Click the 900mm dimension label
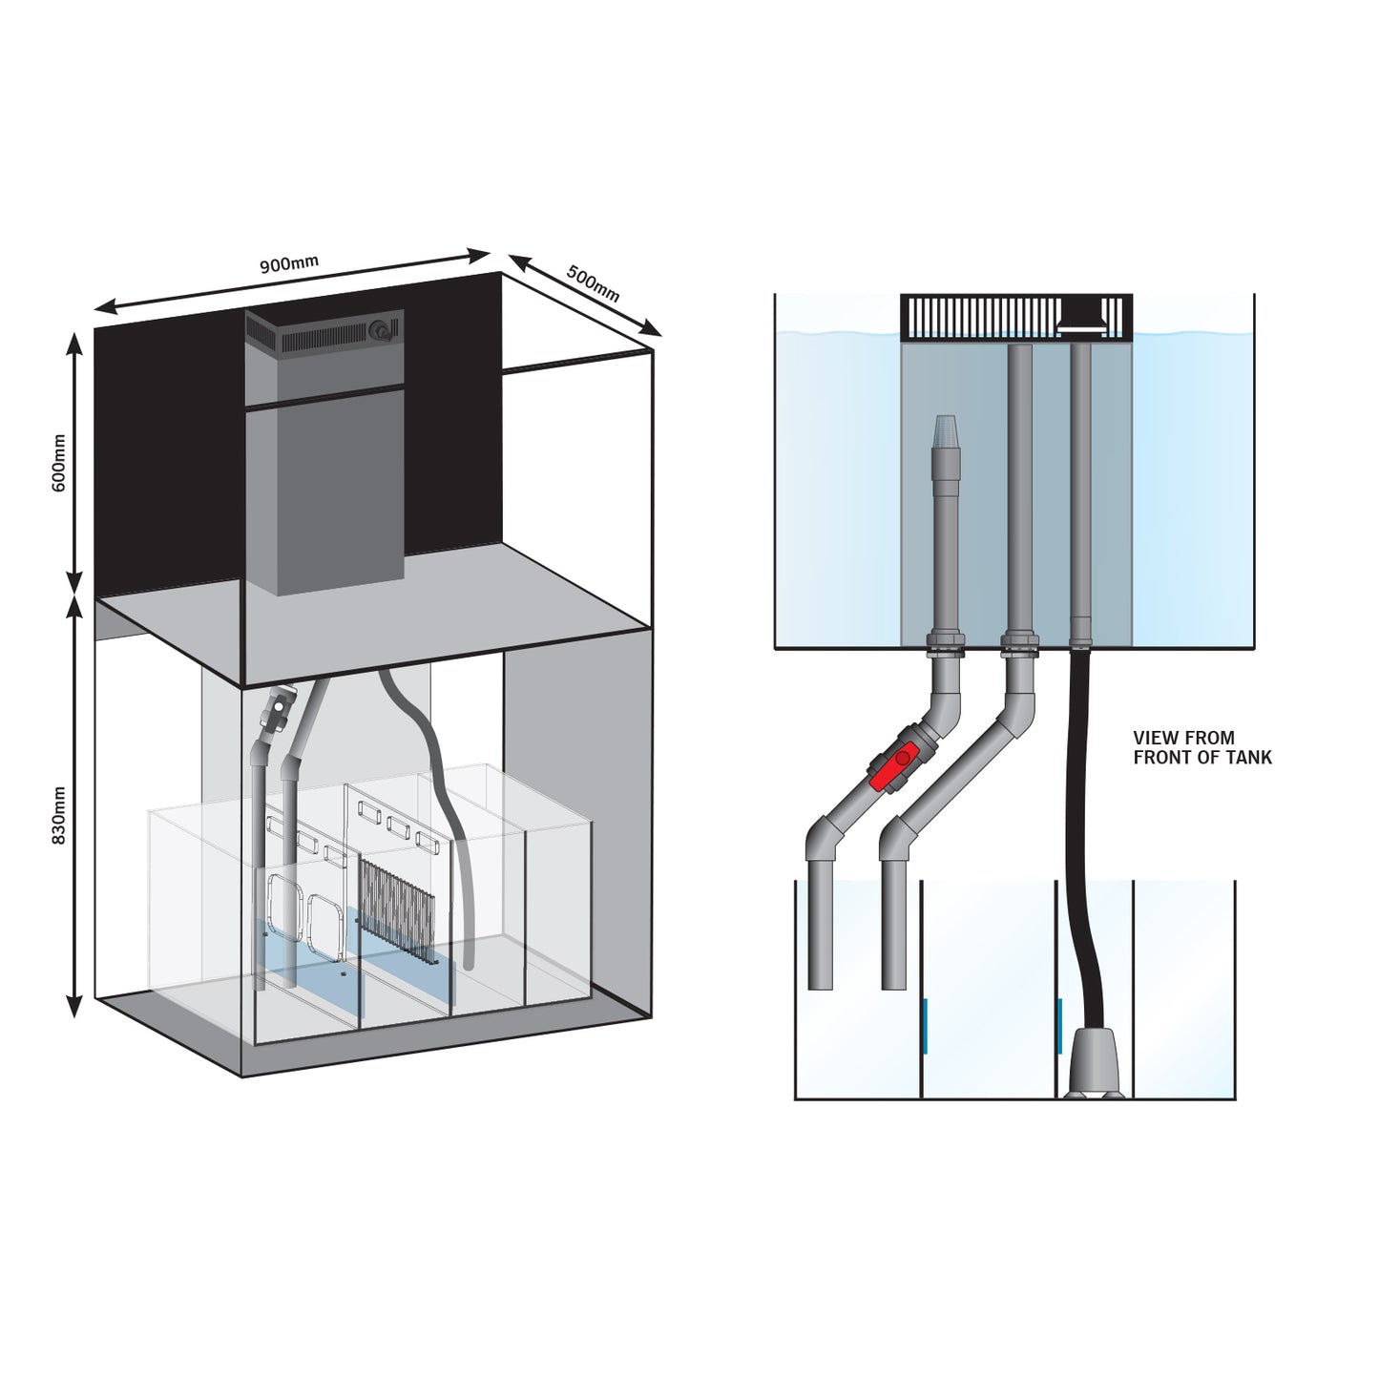(x=289, y=264)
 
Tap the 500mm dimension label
(x=593, y=283)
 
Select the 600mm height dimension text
(x=58, y=463)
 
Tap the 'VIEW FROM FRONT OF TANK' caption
(x=1201, y=747)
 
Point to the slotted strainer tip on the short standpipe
(x=944, y=431)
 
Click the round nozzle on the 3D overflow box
(x=384, y=329)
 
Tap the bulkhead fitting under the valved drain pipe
(x=943, y=646)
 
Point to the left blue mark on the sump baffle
(x=925, y=1025)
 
